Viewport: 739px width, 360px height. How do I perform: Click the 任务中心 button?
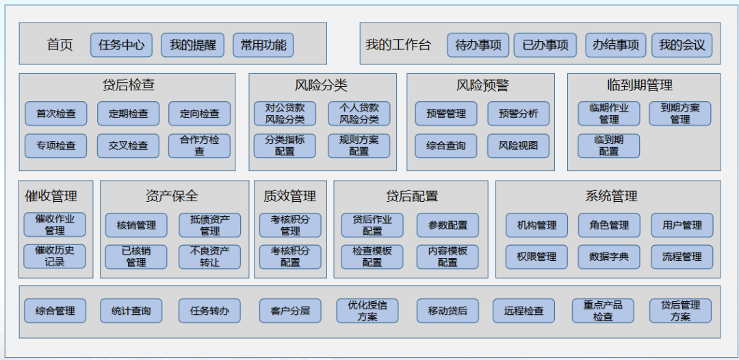(121, 45)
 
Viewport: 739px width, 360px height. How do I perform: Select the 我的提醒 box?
(192, 45)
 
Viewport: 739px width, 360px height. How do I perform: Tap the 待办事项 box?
(478, 45)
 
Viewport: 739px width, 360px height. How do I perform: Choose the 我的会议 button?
(682, 45)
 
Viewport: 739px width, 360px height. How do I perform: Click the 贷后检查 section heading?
(128, 85)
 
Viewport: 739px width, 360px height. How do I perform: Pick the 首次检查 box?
(56, 114)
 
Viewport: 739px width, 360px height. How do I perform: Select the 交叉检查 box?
(128, 146)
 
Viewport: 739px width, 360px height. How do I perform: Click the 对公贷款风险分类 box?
(285, 114)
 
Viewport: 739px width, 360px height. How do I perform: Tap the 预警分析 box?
(518, 114)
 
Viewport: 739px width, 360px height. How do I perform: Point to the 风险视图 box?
(518, 146)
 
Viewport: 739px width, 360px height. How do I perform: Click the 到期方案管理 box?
(679, 114)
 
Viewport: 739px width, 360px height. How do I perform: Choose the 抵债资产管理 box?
(209, 225)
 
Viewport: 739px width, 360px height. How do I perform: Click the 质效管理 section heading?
(289, 196)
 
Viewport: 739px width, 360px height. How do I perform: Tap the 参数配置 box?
(448, 225)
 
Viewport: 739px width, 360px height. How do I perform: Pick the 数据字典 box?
(608, 257)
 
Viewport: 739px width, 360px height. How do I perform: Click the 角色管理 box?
(608, 225)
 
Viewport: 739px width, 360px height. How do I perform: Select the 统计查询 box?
(131, 311)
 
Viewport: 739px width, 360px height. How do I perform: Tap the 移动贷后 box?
(448, 311)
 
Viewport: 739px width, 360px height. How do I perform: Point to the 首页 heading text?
(60, 45)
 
